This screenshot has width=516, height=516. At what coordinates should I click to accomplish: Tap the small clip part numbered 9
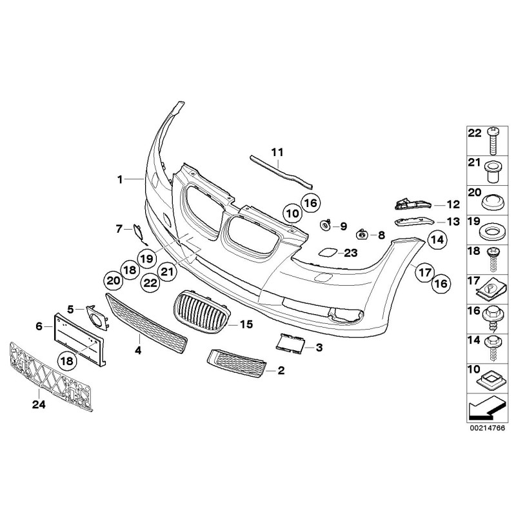click(x=326, y=225)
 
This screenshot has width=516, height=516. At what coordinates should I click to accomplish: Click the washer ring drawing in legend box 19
click(x=493, y=230)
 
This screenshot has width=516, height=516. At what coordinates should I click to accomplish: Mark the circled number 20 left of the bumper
click(x=113, y=281)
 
